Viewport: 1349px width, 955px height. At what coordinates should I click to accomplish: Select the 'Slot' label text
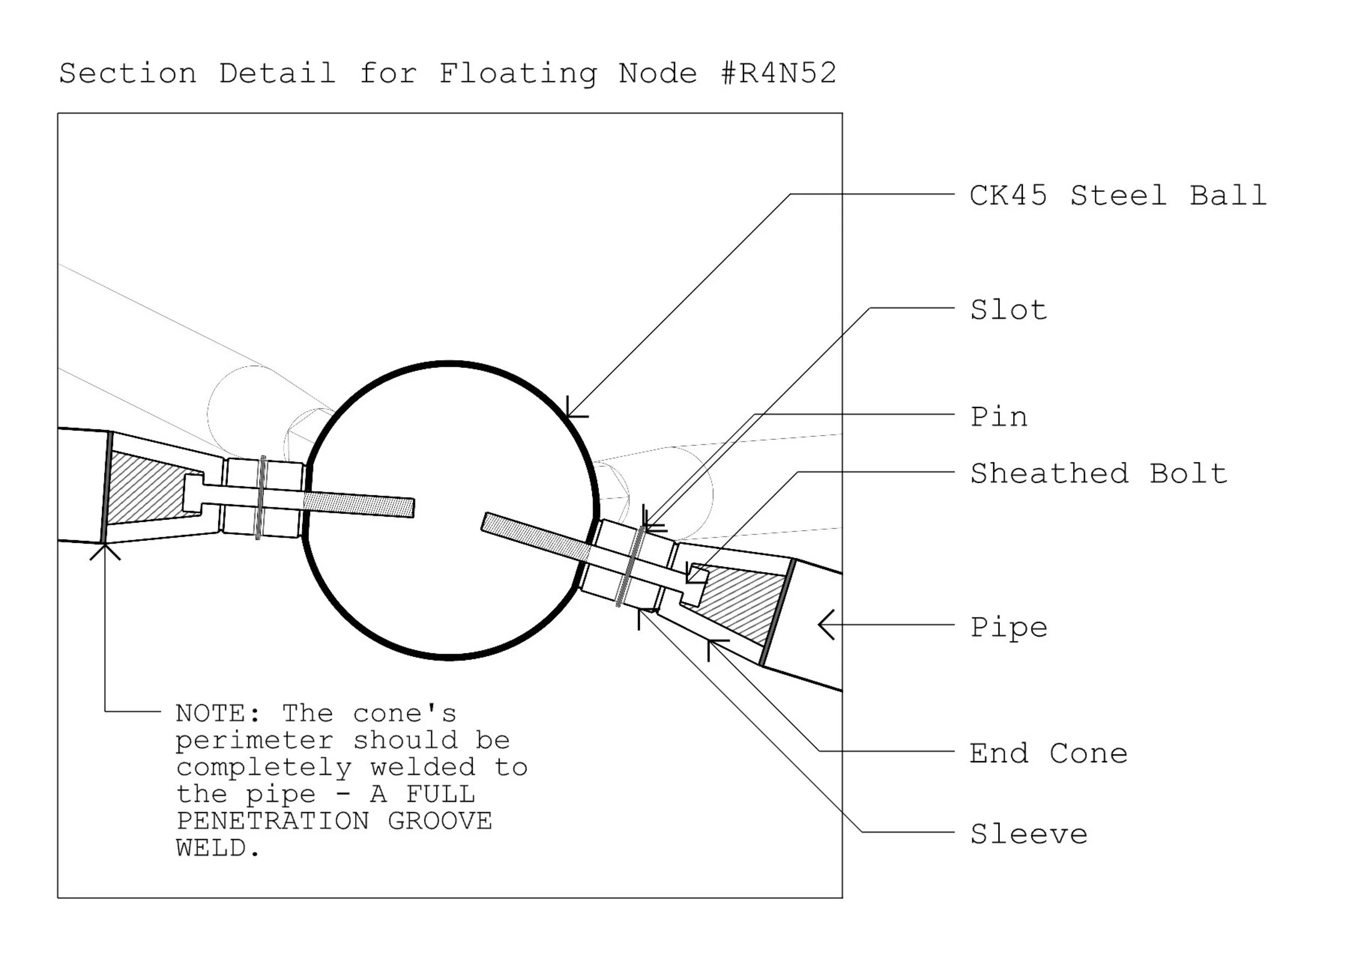pos(1009,310)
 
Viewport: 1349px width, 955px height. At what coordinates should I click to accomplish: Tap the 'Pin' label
pos(998,417)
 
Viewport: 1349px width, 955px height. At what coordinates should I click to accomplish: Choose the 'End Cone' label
pos(1048,753)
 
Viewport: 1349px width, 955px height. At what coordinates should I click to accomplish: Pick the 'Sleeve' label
pos(1028,834)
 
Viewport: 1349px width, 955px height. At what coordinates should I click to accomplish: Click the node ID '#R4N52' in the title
pos(778,73)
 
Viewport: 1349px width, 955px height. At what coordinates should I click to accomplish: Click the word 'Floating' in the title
pos(517,73)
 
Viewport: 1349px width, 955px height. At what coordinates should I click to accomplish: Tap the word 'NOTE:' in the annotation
pos(218,713)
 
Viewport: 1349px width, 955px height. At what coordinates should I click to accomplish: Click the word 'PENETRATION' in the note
pos(272,821)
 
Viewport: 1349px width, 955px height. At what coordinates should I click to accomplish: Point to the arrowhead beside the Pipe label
pos(825,624)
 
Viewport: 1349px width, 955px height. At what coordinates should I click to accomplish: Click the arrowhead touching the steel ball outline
pos(569,414)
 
